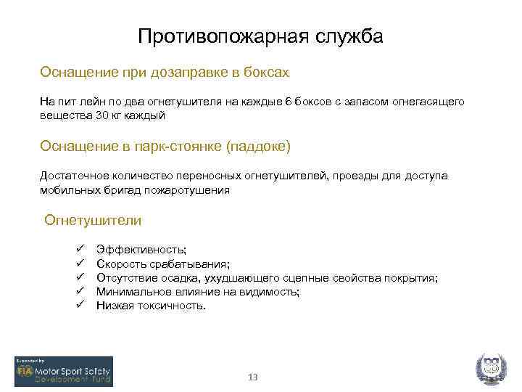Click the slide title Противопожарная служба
coord(260,36)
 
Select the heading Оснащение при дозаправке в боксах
coord(165,73)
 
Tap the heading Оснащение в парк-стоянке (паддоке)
coord(165,147)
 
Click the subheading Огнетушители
coord(93,220)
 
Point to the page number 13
coord(253,377)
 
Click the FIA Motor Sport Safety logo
coord(64,371)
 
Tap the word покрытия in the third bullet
coord(411,278)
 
